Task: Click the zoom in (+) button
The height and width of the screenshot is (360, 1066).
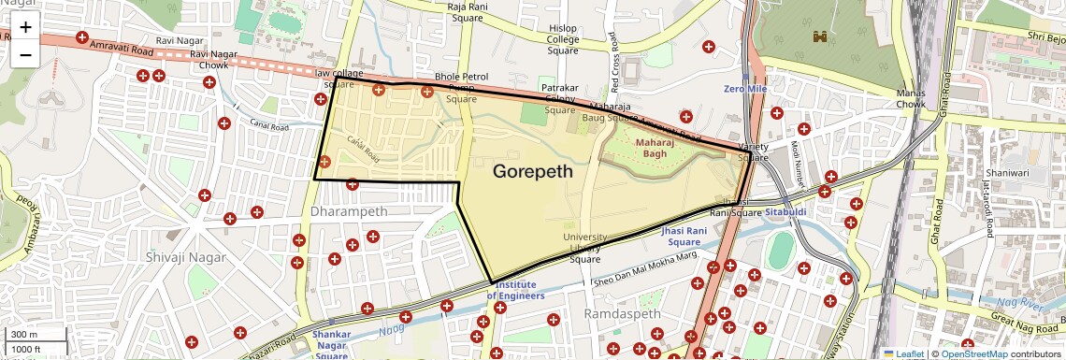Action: (25, 27)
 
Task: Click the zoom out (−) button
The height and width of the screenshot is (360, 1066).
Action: (25, 54)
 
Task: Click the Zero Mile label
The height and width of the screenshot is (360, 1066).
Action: (745, 88)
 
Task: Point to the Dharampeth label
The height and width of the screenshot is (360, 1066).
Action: (348, 211)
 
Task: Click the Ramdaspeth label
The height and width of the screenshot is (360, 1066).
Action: (622, 314)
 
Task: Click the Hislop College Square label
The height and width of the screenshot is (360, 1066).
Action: (563, 40)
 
